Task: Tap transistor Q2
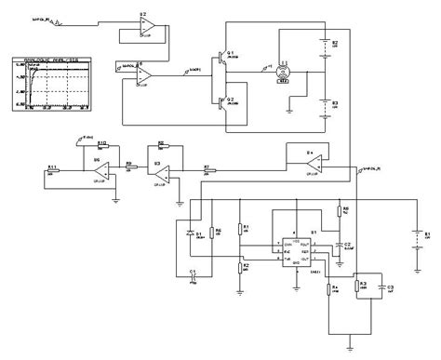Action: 222,100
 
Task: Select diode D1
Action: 191,233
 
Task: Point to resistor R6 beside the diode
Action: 210,233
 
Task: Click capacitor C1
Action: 193,275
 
